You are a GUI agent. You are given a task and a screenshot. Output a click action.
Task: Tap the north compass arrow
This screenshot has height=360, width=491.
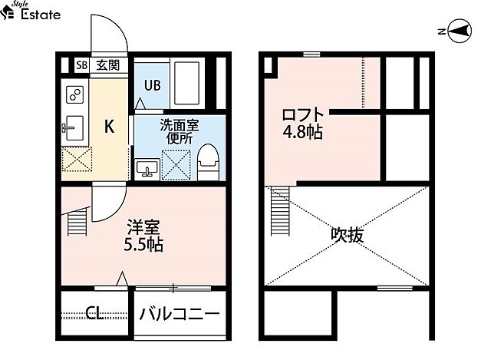point(458,31)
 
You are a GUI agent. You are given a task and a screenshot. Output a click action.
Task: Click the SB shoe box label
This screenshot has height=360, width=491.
point(81,65)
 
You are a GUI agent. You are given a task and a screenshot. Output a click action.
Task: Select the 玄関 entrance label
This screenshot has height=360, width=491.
point(107,65)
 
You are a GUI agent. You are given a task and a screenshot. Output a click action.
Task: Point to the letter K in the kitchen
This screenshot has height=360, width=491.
point(110,127)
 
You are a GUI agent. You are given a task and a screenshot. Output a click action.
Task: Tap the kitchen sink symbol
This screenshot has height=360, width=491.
point(74,127)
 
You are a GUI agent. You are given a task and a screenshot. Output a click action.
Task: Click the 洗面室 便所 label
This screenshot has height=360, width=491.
point(180,133)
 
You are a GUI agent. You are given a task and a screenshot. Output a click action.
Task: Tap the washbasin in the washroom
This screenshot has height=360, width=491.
point(147,167)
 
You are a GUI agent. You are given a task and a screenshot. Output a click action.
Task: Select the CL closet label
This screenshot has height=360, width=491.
point(95,313)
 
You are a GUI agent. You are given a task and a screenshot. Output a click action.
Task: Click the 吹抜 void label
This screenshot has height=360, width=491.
point(348,234)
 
